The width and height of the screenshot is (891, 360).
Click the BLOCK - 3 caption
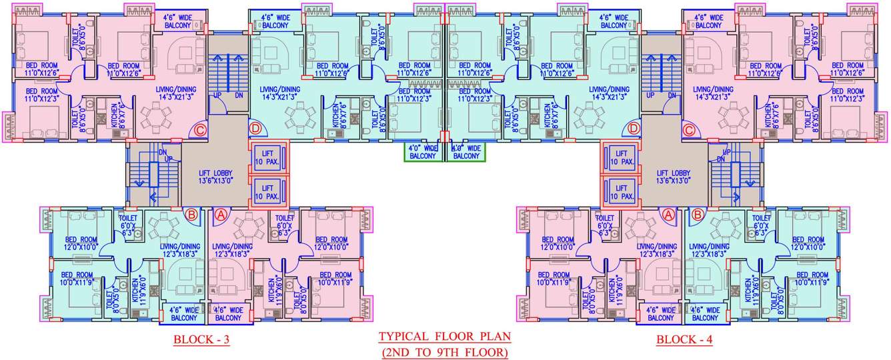pyautogui.click(x=201, y=340)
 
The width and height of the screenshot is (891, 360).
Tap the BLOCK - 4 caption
pyautogui.click(x=684, y=340)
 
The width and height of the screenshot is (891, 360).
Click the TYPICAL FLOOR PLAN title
pyautogui.click(x=443, y=337)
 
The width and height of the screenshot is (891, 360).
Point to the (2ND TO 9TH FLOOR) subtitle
pyautogui.click(x=443, y=351)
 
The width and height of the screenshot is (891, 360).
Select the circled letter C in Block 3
pyautogui.click(x=199, y=129)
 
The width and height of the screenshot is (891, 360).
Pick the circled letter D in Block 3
pyautogui.click(x=255, y=128)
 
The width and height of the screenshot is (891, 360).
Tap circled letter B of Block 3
pyautogui.click(x=191, y=215)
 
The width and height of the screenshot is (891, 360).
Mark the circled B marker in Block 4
pyautogui.click(x=698, y=215)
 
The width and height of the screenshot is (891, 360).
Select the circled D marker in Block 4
pyautogui.click(x=634, y=127)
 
